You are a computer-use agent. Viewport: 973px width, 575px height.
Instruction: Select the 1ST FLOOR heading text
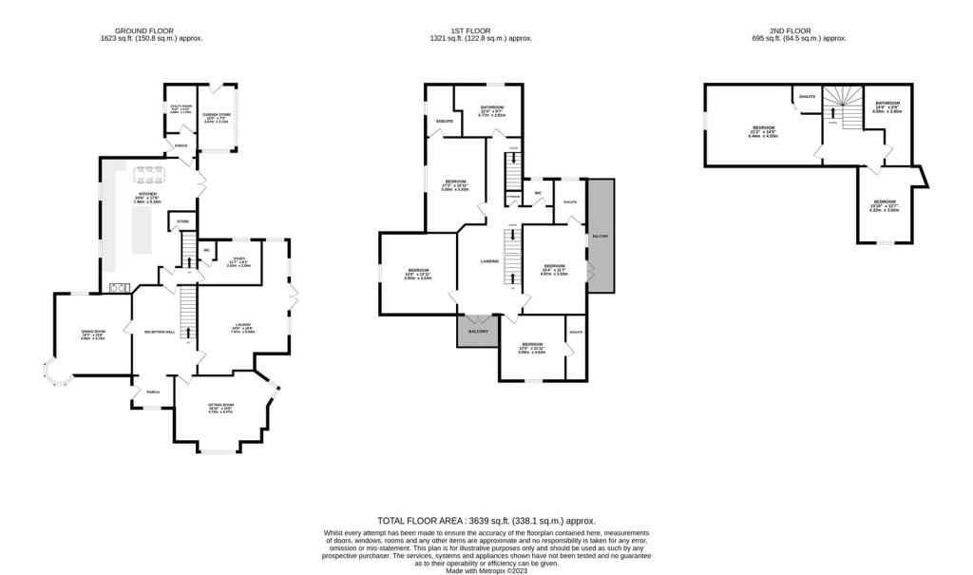tap(480, 30)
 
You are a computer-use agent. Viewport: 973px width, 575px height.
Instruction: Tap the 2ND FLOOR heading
tap(806, 30)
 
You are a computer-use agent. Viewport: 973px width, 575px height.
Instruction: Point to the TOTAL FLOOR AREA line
tap(486, 521)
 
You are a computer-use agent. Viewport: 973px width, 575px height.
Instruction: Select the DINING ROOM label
tap(93, 331)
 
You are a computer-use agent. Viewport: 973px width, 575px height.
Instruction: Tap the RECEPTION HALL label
tap(159, 332)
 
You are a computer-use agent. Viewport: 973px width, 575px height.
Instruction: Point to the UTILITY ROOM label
tap(181, 106)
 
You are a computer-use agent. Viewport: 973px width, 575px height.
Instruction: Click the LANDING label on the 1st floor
tap(489, 260)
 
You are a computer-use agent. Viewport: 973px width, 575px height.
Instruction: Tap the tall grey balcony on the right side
tap(601, 235)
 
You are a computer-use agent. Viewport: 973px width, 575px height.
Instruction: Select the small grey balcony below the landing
tap(477, 331)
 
